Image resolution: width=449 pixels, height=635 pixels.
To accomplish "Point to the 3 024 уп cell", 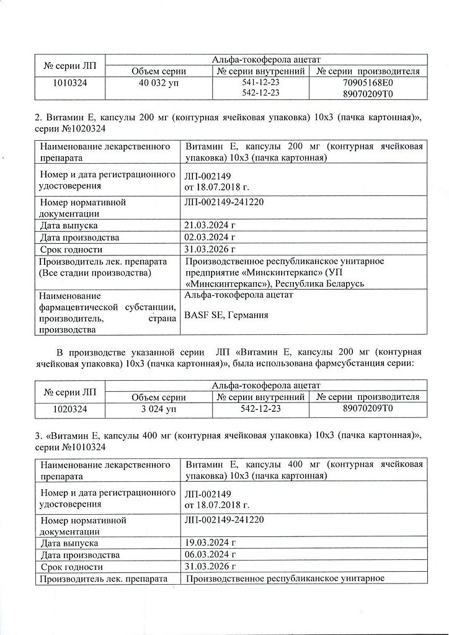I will click(x=159, y=409).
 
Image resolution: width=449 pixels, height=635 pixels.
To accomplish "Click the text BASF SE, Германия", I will click(x=227, y=315).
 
